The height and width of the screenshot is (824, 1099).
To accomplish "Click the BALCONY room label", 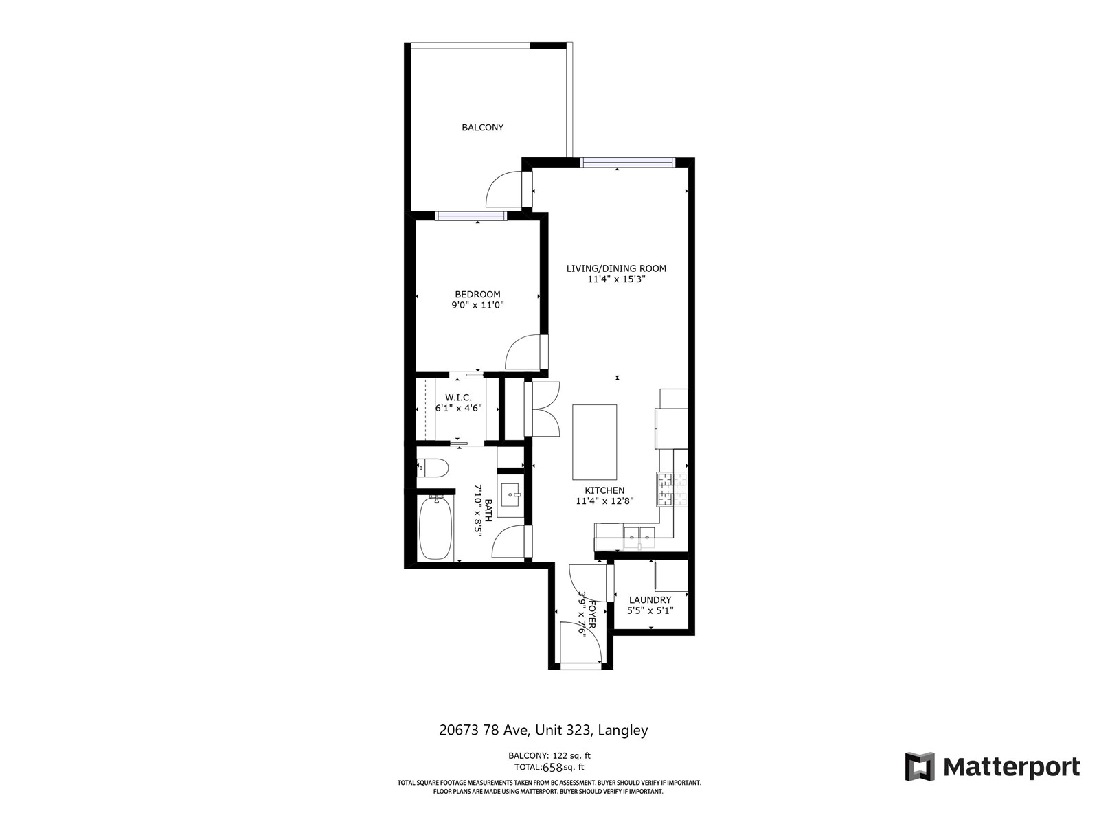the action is (482, 128).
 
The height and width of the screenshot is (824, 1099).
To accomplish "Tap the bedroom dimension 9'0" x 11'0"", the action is (477, 305).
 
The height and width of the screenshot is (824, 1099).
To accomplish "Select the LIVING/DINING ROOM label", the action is (616, 268).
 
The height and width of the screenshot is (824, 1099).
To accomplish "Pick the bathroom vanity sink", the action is (511, 495).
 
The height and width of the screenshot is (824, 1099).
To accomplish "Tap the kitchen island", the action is (594, 442).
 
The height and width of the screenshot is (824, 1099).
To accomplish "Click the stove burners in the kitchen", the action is (672, 490).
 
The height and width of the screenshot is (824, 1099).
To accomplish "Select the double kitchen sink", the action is (639, 537).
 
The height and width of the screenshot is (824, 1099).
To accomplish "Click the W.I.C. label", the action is (458, 398).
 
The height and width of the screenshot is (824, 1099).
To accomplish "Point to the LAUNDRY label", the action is (650, 600).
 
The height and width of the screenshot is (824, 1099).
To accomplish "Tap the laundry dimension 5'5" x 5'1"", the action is (650, 610).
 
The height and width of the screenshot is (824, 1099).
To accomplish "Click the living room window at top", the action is (627, 162).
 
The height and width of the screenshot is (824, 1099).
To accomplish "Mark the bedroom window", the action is (471, 216).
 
